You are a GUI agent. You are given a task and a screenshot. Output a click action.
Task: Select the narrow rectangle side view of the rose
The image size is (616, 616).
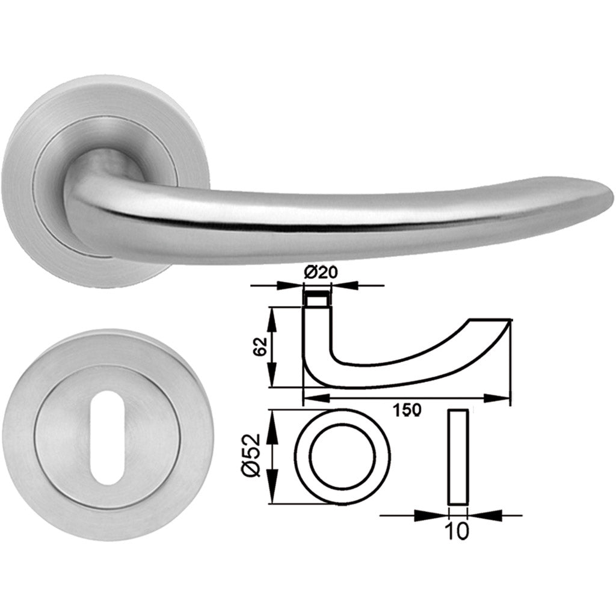click(458, 457)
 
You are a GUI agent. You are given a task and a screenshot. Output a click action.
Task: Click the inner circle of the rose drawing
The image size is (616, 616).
click(342, 458)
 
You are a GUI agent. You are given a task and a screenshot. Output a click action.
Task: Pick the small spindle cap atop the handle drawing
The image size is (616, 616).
click(317, 299)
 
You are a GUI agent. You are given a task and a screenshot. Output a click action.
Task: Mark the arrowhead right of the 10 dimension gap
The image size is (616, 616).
click(478, 515)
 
